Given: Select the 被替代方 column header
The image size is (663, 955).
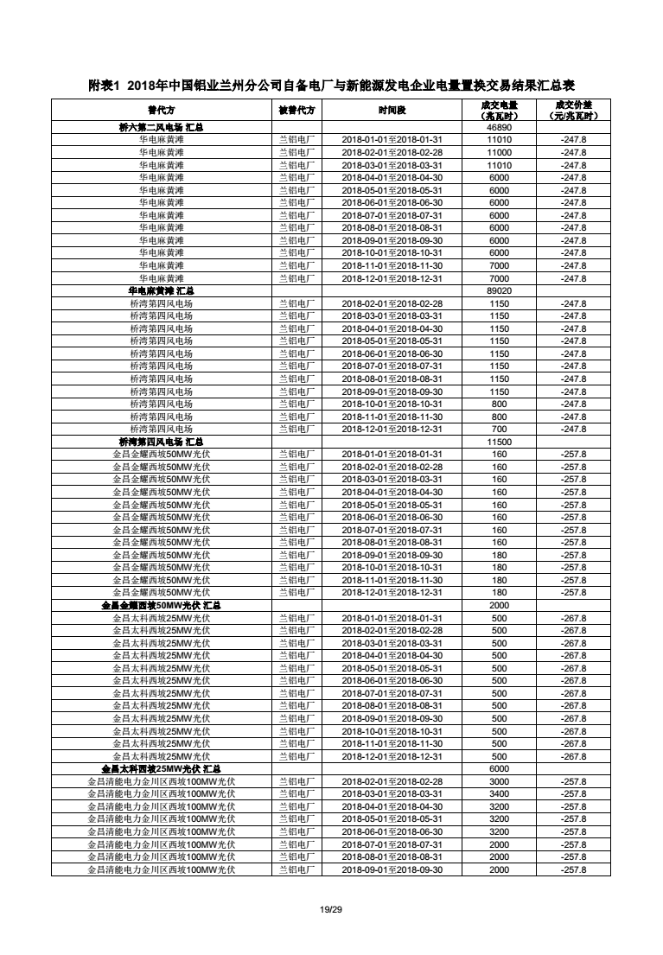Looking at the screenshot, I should point(296,111).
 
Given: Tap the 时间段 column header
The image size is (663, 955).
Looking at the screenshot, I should point(392,111).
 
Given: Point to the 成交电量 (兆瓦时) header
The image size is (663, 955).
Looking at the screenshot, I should point(499,111).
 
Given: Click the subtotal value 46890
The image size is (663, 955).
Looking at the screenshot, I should point(500,127).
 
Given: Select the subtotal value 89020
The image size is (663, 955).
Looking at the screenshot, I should point(500,291).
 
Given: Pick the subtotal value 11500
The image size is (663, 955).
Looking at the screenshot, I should point(500,442).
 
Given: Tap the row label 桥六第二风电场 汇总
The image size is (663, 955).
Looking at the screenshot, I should point(161,127).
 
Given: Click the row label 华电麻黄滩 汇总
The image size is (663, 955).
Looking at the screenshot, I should point(161,291).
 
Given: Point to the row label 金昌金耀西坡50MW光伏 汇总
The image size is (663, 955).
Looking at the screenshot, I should point(161,606).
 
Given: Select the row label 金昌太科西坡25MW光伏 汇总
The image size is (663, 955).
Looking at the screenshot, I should point(161,769).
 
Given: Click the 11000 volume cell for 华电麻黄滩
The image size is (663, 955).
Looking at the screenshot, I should point(500,152).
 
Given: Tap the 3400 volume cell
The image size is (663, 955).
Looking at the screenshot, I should point(500,794).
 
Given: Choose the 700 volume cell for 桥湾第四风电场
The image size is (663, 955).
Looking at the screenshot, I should point(500,430).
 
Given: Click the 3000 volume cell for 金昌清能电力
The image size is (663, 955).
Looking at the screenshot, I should point(500,781).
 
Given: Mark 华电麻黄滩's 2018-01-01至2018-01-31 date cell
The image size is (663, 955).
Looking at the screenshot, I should point(392,140).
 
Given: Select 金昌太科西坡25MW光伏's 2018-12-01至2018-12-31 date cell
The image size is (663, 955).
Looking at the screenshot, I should point(392,756).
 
